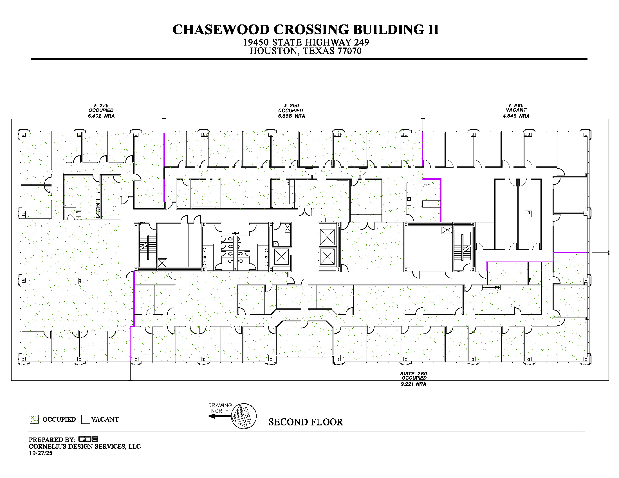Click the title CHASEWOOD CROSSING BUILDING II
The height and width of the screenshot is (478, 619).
(x=306, y=30)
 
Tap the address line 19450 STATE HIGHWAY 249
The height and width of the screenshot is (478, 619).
(x=306, y=42)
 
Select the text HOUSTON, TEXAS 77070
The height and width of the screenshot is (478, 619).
(x=306, y=51)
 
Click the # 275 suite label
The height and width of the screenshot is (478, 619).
(x=101, y=105)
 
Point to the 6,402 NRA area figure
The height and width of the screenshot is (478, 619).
(x=101, y=116)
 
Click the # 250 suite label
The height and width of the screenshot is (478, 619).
(x=292, y=105)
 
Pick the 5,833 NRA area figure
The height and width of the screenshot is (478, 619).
(x=291, y=116)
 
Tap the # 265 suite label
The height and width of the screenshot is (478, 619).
(x=516, y=105)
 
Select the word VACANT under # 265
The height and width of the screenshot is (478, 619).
(x=516, y=110)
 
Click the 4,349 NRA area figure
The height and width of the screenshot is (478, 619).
(x=516, y=116)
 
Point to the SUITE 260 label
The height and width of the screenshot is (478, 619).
(x=414, y=373)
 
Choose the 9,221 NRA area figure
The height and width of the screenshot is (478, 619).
(x=414, y=384)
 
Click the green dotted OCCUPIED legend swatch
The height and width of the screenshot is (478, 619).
(x=34, y=420)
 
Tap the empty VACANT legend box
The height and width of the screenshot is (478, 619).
(x=86, y=420)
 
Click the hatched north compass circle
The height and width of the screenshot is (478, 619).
(x=244, y=416)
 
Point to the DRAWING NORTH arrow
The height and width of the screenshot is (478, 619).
(x=220, y=416)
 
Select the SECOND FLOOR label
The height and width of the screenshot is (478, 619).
(x=306, y=422)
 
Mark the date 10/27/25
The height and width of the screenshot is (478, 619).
(x=41, y=453)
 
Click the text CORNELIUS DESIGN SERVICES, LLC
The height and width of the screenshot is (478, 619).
(x=85, y=446)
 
